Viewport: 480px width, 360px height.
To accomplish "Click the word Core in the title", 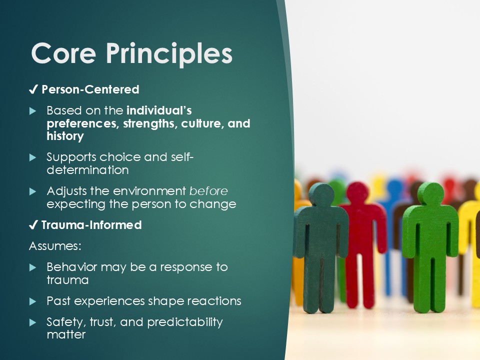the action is [x=63, y=53].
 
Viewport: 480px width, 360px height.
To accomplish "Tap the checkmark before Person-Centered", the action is [x=33, y=89].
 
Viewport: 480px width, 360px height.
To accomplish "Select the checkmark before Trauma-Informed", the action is [x=33, y=225].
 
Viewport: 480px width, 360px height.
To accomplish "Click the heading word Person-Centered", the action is [x=90, y=89].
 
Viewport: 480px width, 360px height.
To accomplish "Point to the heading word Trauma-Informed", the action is [x=91, y=225].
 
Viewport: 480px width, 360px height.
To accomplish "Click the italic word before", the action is [x=208, y=191].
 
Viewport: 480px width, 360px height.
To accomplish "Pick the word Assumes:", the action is [x=55, y=246].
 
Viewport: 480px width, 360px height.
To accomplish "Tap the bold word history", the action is [x=65, y=136].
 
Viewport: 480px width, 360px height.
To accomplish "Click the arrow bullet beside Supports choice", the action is [x=33, y=157].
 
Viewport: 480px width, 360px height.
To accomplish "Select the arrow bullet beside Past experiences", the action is [x=33, y=302].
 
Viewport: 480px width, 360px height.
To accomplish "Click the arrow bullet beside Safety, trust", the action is [x=33, y=322].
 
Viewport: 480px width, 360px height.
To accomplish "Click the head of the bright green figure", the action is [x=430, y=194].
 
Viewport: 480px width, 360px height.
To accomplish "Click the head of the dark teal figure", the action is [x=321, y=194].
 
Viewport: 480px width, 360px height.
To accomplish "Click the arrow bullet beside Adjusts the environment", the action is [x=33, y=191].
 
